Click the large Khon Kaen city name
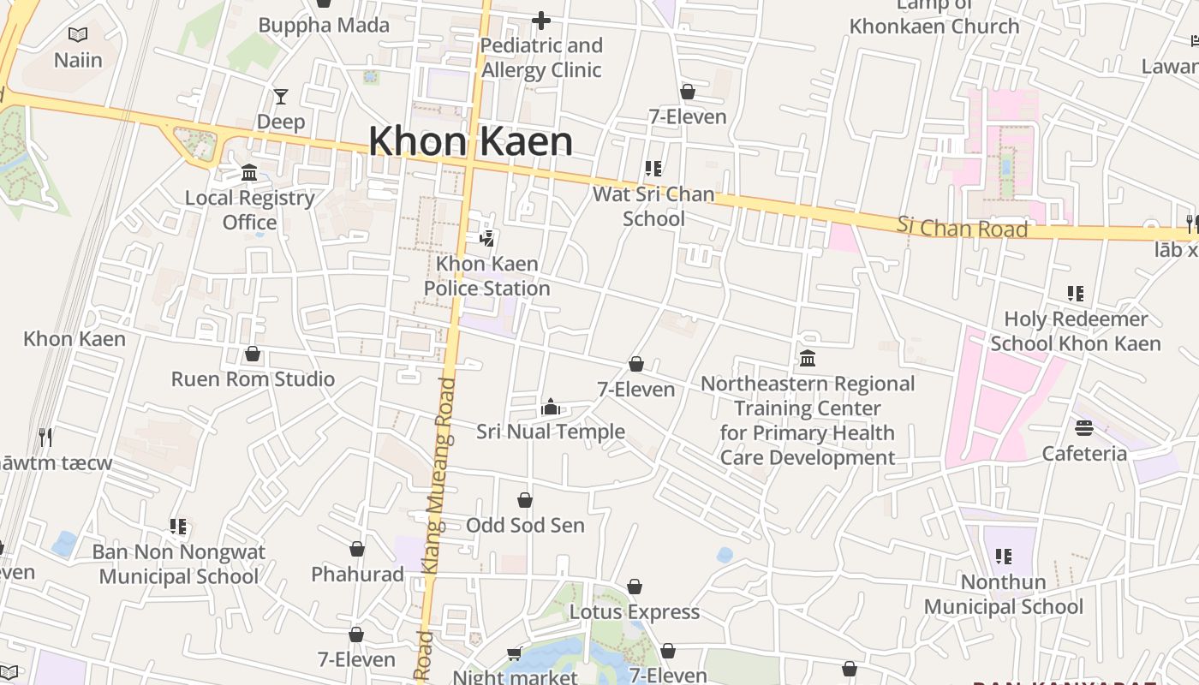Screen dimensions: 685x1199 (x=470, y=141)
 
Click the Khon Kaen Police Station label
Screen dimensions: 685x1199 (x=486, y=276)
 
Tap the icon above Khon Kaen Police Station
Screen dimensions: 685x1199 (x=486, y=239)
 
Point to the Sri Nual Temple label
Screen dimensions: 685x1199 (x=550, y=432)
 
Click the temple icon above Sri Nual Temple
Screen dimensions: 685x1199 (x=550, y=407)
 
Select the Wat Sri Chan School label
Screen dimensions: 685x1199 (x=653, y=206)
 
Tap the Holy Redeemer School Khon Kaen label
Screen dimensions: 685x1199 (x=1076, y=331)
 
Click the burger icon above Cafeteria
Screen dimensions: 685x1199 (x=1084, y=428)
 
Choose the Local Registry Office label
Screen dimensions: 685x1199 (x=250, y=210)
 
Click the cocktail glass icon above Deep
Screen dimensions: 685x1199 (x=281, y=97)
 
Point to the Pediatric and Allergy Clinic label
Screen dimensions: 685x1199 (x=541, y=57)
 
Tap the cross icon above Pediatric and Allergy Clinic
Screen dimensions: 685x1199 (x=541, y=21)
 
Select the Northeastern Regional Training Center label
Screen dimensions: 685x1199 (x=807, y=420)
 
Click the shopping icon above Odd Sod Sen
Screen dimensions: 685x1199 (x=525, y=500)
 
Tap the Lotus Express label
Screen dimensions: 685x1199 (x=635, y=612)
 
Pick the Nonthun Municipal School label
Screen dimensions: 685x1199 (x=1003, y=594)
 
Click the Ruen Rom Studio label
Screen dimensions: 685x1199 (x=253, y=379)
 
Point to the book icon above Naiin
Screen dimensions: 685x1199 (x=78, y=35)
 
